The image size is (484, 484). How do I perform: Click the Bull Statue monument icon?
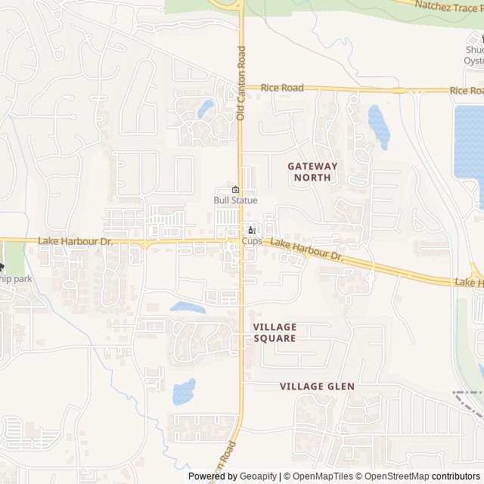click(235, 189)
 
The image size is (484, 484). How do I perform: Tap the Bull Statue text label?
click(235, 200)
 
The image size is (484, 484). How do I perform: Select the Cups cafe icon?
click(252, 230)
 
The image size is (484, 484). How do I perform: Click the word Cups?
click(252, 241)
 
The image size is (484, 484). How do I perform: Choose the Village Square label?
click(275, 333)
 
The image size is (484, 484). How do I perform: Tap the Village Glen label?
click(317, 386)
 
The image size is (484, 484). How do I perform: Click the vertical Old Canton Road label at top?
click(241, 83)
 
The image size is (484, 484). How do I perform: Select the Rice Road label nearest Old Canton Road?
click(282, 88)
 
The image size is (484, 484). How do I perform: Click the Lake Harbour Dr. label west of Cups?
click(75, 241)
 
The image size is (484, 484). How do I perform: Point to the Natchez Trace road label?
click(450, 8)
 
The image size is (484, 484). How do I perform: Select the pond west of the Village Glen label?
click(184, 391)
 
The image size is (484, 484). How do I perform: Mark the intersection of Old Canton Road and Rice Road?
click(240, 88)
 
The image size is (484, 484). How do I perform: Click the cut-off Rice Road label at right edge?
click(466, 91)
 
